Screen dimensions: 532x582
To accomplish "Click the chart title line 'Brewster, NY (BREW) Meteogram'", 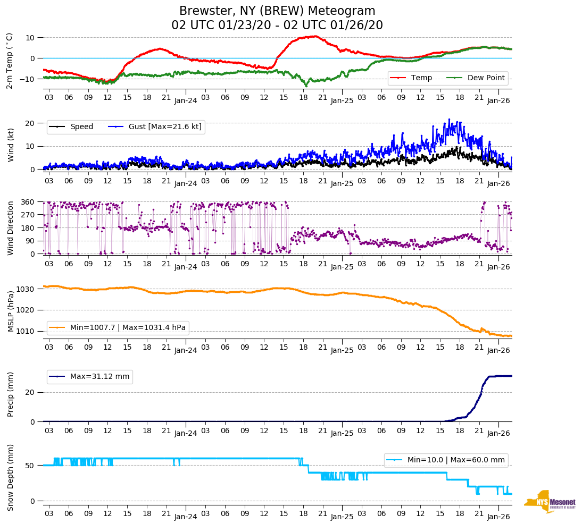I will pyautogui.click(x=277, y=11).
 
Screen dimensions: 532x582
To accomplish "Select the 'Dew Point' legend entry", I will pyautogui.click(x=485, y=78).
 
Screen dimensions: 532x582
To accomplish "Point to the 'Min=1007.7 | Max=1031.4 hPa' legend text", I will pyautogui.click(x=128, y=328).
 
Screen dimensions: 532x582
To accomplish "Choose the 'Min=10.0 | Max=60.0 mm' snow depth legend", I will pyautogui.click(x=455, y=460).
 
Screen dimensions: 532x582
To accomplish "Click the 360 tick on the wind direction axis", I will pyautogui.click(x=27, y=202).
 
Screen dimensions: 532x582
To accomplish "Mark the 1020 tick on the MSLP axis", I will pyautogui.click(x=25, y=310).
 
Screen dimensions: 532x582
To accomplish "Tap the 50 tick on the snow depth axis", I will pyautogui.click(x=31, y=466).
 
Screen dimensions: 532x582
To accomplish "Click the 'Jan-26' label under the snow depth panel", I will pyautogui.click(x=498, y=517).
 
